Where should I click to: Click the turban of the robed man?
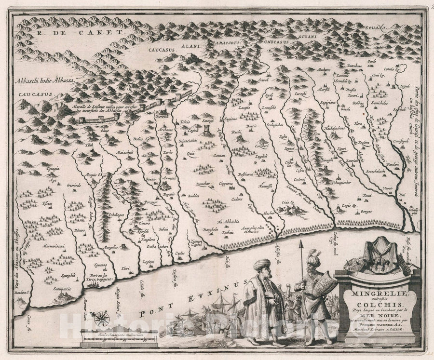262,264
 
